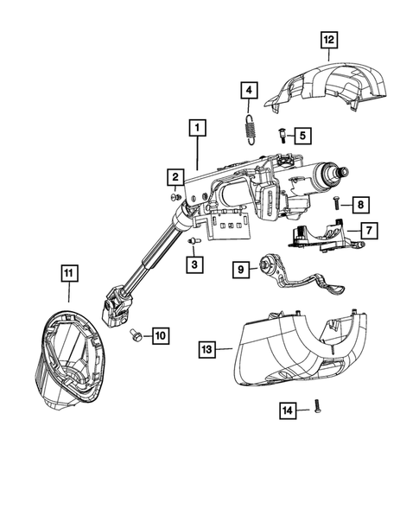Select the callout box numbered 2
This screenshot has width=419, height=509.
coord(175,178)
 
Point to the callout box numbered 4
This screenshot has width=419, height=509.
coord(248,90)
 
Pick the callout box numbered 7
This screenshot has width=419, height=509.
coord(368,231)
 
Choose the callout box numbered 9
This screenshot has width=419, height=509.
coord(242,270)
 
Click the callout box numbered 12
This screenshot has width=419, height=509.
coord(327,39)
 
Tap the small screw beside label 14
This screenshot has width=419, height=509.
coord(317,404)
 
